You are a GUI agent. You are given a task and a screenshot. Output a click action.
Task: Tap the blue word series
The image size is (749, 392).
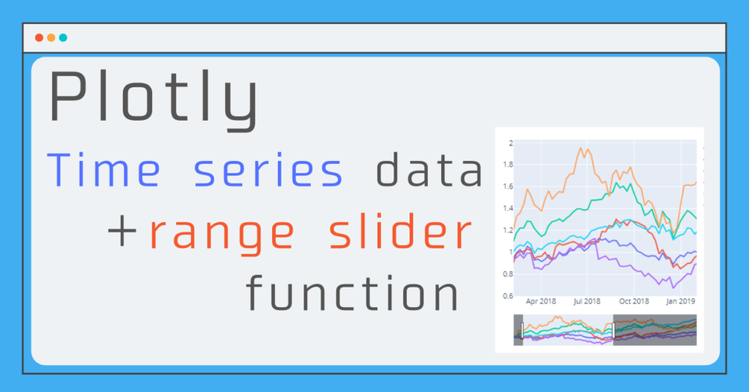click(x=268, y=171)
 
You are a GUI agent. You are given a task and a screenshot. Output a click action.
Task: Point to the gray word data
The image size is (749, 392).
click(x=429, y=171)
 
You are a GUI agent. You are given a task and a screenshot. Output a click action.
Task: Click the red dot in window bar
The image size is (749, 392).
click(x=39, y=38)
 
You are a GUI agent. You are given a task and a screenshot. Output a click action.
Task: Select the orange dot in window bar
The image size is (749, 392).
click(x=51, y=38)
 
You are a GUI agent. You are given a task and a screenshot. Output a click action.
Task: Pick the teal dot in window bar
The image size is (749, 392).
click(x=63, y=38)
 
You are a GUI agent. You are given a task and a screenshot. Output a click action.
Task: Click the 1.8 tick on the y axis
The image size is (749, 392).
click(x=508, y=165)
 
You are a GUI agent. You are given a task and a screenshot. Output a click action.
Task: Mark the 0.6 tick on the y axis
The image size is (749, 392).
click(x=508, y=296)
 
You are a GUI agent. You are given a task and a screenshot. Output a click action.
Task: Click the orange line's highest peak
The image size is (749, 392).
click(x=581, y=148)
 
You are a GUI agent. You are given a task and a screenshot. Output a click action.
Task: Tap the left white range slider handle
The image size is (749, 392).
click(x=522, y=330)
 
